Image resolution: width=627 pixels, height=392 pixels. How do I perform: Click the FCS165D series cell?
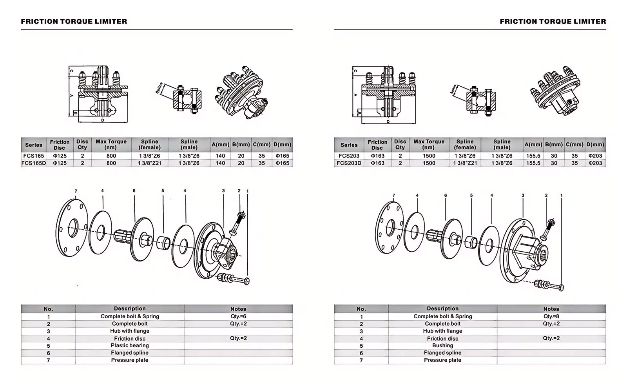click(x=34, y=163)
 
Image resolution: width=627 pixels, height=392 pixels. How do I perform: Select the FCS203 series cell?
click(x=349, y=156)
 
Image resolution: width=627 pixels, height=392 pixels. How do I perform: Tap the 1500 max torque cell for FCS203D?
click(x=429, y=163)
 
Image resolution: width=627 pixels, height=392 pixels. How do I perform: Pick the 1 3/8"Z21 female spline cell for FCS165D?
click(x=150, y=163)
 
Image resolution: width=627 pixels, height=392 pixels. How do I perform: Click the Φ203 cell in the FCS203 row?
click(x=595, y=156)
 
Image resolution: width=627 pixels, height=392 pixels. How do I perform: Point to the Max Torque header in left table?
click(x=111, y=144)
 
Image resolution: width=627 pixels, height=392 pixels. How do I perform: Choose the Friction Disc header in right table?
click(x=377, y=145)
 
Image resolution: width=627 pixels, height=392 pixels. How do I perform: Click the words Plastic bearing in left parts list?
click(x=130, y=345)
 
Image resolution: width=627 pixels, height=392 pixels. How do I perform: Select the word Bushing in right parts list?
click(x=442, y=345)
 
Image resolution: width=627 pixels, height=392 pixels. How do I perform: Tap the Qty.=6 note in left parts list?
click(x=238, y=316)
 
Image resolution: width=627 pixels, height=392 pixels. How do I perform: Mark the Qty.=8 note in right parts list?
click(x=551, y=316)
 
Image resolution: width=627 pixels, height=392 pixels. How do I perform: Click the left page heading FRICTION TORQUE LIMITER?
click(x=74, y=22)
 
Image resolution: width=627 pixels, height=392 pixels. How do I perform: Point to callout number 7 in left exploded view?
click(x=76, y=191)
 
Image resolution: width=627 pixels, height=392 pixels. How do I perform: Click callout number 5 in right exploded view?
click(x=471, y=195)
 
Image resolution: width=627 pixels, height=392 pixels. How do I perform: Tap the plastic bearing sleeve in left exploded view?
click(x=163, y=243)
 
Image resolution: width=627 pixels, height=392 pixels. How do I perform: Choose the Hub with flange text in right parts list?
click(x=442, y=331)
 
